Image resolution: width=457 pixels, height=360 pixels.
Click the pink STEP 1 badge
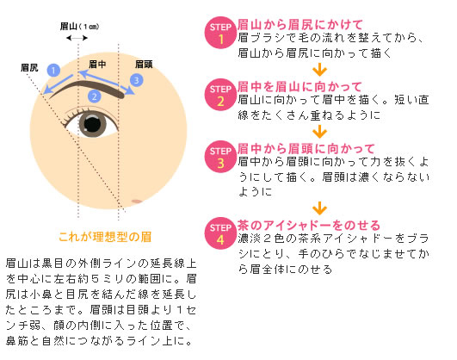pos(220,33)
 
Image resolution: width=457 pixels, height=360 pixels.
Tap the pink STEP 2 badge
pos(220,95)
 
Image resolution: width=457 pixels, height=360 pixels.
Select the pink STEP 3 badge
pos(220,157)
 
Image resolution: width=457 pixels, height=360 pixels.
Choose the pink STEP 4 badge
pos(220,233)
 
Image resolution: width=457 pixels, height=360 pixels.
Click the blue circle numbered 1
pos(53,71)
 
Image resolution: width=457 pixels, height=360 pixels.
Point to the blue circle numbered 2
pos(94,96)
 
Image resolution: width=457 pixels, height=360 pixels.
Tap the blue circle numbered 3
pos(136,80)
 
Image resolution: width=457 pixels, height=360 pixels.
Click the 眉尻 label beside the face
pos(29,68)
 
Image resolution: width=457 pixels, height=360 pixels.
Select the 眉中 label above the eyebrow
pos(97,65)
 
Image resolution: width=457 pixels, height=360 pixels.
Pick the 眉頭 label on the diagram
pos(144,65)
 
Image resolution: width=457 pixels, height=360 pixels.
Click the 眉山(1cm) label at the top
pos(79,26)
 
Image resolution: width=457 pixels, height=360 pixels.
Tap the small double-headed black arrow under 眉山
pos(77,38)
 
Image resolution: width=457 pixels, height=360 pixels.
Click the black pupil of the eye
pos(93,124)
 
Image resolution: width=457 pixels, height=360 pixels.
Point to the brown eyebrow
pos(88,85)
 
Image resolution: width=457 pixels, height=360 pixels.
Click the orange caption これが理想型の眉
pos(105,237)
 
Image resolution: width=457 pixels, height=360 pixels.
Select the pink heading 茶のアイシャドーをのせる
pos(309,226)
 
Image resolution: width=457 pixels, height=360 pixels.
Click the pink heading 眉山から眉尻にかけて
pos(300,25)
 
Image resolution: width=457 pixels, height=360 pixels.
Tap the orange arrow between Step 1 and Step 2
pos(319,70)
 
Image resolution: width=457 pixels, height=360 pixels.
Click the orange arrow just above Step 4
pos(319,208)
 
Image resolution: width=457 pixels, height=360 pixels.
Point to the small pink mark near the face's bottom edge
pos(137,202)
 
